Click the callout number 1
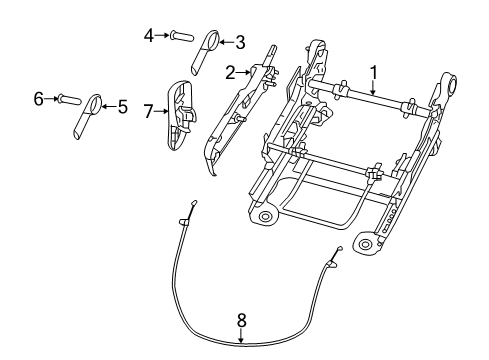click(x=374, y=72)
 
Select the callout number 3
click(x=240, y=42)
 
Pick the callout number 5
click(x=122, y=106)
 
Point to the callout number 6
click(x=39, y=98)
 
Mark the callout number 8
click(x=240, y=321)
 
